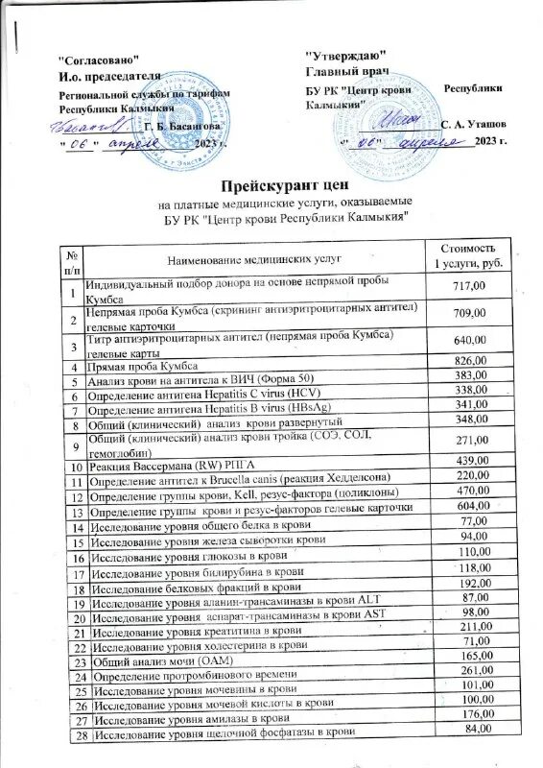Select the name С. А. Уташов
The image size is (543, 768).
473,126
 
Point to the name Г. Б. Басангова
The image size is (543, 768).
187,126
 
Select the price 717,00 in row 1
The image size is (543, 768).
469,287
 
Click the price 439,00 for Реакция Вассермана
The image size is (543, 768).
470,460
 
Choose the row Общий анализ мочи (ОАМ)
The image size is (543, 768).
153,661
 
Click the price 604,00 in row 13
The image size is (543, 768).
470,505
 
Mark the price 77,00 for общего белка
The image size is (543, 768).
470,519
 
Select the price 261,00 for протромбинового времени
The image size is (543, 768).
470,669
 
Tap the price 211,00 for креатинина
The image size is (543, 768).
470,627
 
